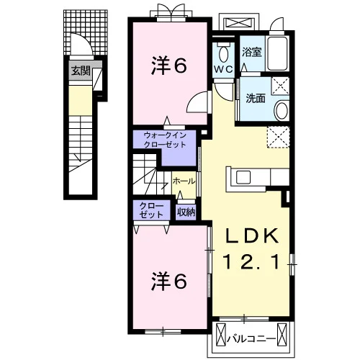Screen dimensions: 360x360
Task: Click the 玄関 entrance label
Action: click(81, 71)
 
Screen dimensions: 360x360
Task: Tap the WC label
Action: click(223, 69)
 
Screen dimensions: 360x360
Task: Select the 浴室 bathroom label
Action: click(251, 52)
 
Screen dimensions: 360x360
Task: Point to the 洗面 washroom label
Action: click(256, 98)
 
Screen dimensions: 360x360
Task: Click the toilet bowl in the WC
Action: click(224, 54)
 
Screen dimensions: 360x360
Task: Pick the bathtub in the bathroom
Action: click(278, 53)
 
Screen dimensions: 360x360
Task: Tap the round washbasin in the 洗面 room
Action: click(282, 111)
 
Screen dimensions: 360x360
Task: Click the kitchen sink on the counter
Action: click(243, 177)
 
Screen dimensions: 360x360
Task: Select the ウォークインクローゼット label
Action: click(165, 140)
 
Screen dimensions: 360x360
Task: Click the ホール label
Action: click(184, 181)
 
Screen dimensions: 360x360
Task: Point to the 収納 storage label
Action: click(186, 212)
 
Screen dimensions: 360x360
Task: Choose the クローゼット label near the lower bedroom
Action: click(151, 210)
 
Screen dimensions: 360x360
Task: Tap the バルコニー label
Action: click(251, 339)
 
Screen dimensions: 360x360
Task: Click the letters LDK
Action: click(252, 237)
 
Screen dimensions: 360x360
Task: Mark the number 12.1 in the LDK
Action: click(252, 262)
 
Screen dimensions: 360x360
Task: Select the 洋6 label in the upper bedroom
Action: click(169, 66)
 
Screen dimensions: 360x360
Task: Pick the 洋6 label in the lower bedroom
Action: click(169, 282)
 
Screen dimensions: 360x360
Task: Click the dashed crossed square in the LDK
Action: click(279, 137)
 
